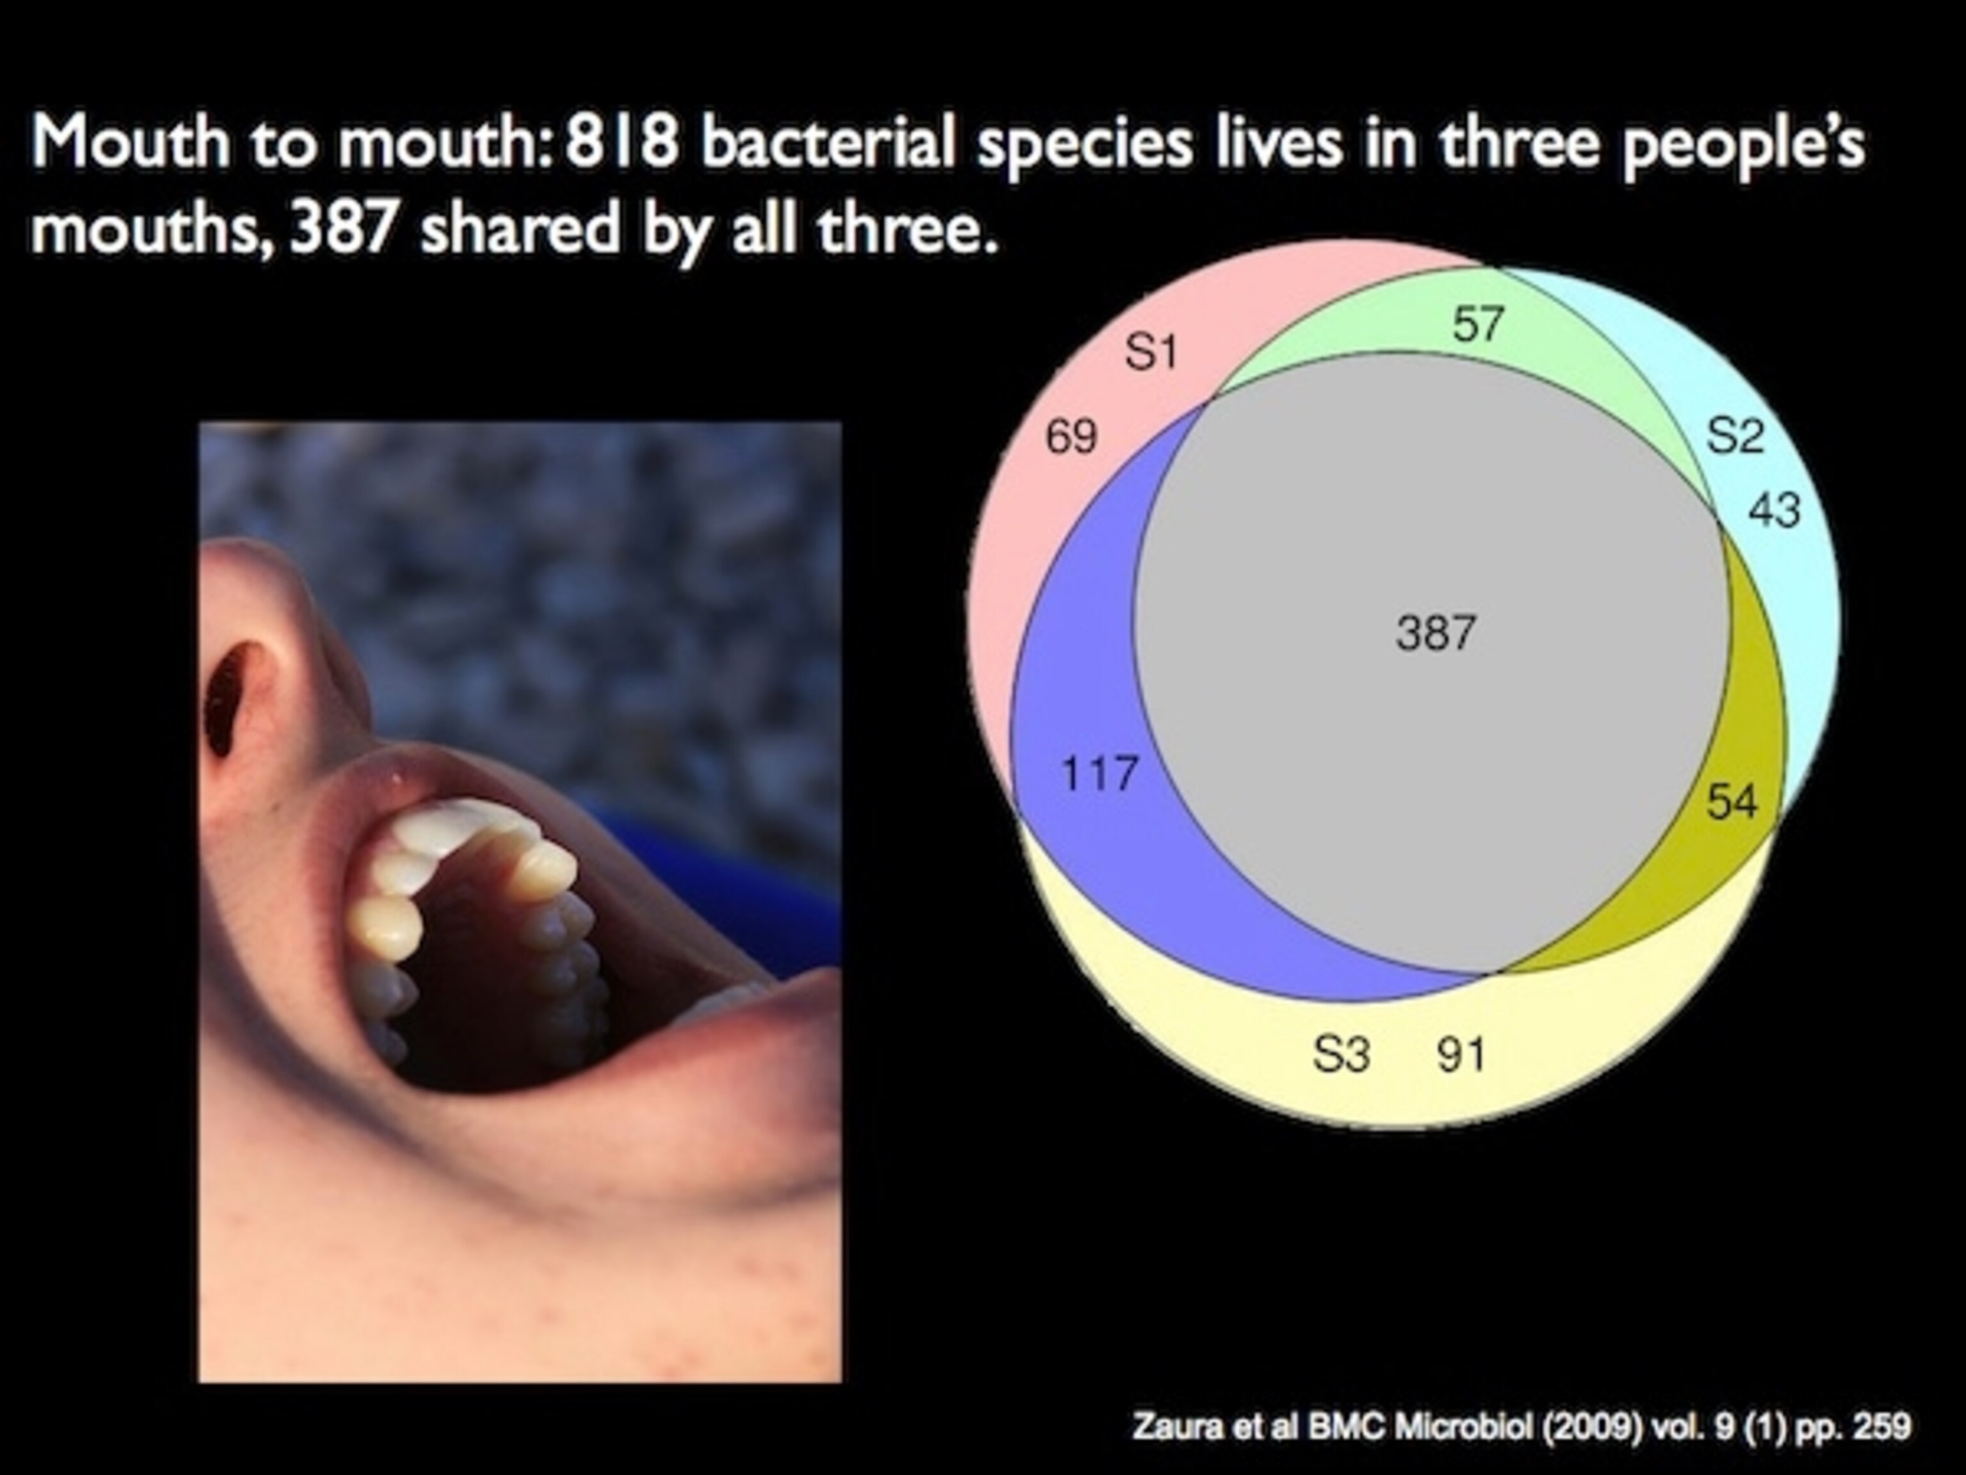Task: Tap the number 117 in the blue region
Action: [x=1099, y=773]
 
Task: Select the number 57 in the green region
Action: [x=1478, y=324]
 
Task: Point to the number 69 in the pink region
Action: [x=1071, y=437]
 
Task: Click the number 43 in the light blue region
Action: [x=1775, y=510]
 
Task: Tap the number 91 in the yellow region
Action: [x=1461, y=1054]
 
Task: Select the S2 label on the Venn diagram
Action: [x=1735, y=436]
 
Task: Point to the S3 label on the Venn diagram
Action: [x=1341, y=1054]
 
